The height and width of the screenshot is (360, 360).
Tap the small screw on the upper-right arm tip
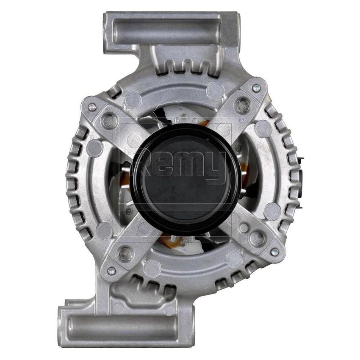tap(255, 88)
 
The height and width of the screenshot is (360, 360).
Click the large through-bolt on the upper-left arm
tap(110, 122)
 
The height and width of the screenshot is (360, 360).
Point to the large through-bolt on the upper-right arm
tap(242, 105)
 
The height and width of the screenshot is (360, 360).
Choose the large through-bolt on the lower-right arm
tap(256, 237)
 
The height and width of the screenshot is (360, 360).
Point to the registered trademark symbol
tap(241, 120)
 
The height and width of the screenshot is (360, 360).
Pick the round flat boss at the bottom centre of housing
tap(152, 268)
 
